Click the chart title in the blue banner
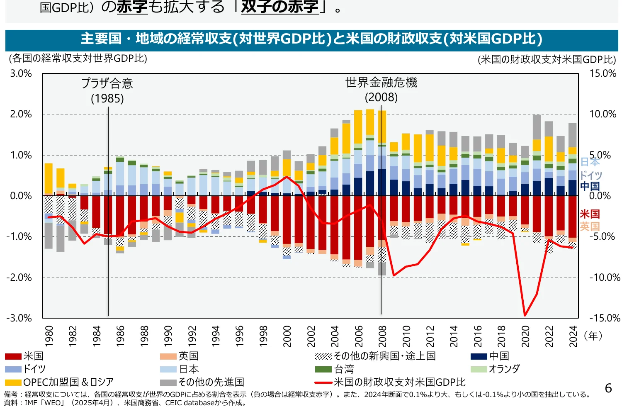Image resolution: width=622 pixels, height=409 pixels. [311, 39]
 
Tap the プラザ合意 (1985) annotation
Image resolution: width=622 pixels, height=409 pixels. [107, 90]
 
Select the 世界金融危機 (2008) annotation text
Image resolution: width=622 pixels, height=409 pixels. [381, 90]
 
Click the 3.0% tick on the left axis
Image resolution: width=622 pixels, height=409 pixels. [21, 73]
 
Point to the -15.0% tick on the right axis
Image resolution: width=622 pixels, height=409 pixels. [605, 318]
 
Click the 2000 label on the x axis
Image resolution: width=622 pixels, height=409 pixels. [287, 336]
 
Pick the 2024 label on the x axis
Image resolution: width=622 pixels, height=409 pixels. [573, 336]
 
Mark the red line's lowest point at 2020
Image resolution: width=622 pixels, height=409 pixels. [525, 315]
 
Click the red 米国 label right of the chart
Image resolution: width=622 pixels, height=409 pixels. [590, 214]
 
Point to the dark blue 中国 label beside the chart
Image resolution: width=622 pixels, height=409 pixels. [590, 186]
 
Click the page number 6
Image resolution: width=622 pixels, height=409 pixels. [608, 388]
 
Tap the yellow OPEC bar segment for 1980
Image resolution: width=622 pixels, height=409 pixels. [49, 178]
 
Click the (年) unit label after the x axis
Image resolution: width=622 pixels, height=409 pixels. [593, 336]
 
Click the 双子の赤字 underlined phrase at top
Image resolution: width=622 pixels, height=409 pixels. [279, 7]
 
